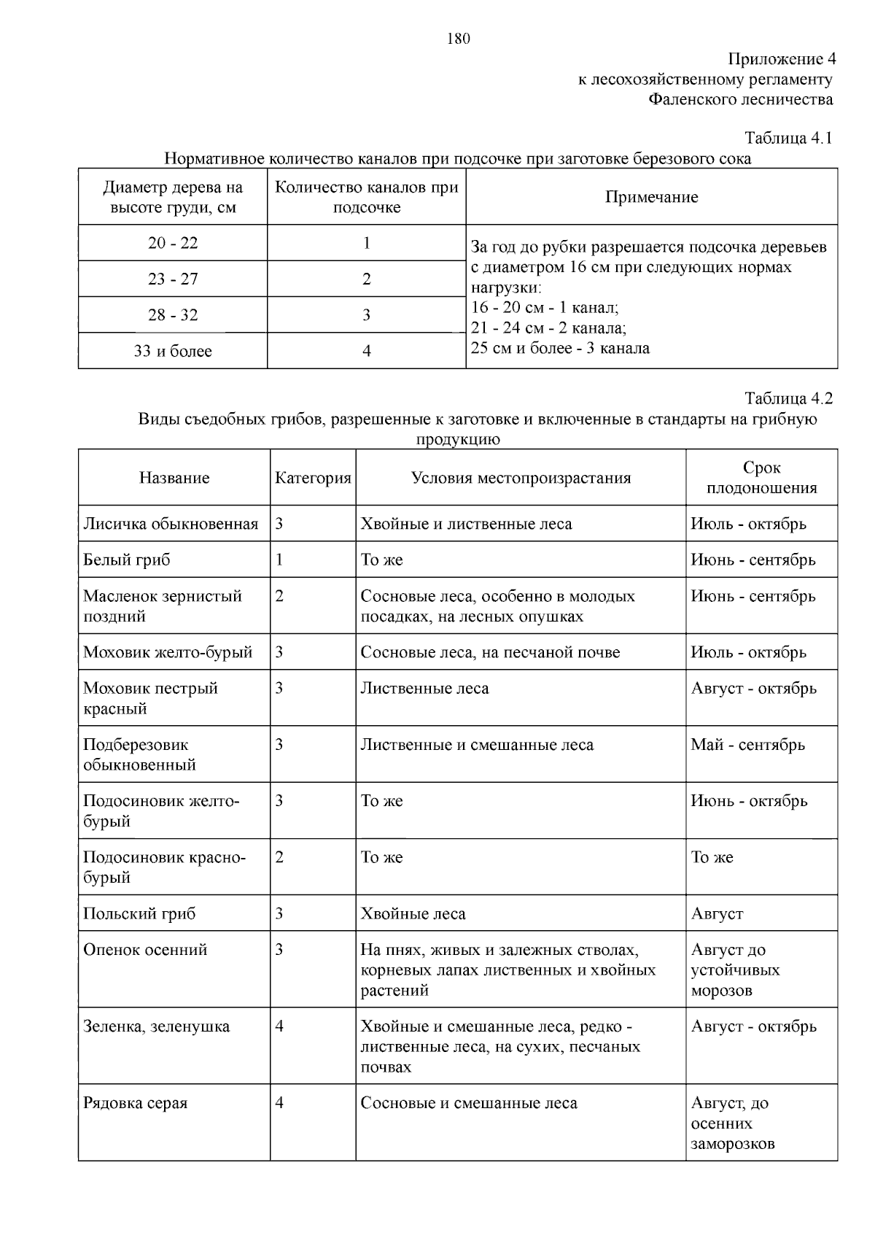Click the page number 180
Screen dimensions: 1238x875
coord(458,39)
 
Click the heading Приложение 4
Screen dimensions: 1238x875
coord(781,59)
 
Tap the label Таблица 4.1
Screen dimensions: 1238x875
coord(788,138)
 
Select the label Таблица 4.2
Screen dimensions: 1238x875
coord(788,398)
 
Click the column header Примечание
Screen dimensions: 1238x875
coord(651,197)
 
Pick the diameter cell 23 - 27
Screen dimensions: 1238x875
coord(173,279)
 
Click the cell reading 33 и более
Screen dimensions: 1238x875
coord(173,351)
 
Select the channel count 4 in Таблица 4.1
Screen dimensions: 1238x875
coord(367,351)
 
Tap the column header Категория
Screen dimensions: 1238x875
coord(313,478)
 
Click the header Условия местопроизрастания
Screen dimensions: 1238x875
coord(521,478)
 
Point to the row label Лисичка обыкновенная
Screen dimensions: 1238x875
coord(171,524)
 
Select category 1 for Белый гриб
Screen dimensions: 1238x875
coord(279,560)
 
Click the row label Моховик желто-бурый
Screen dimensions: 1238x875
coord(168,652)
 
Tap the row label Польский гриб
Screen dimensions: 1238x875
coord(139,913)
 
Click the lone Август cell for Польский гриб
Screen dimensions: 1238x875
coord(717,913)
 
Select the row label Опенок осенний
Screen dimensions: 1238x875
coord(145,950)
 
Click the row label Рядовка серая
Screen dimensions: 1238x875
coord(135,1103)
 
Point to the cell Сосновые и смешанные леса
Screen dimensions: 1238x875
coord(469,1103)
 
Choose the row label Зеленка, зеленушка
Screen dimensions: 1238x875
coord(156,1026)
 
